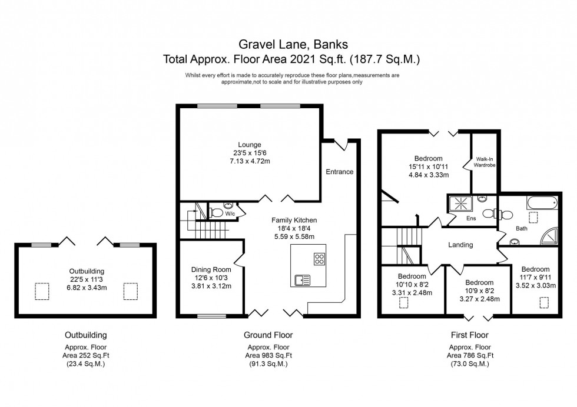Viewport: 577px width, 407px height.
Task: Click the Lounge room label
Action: click(x=249, y=145)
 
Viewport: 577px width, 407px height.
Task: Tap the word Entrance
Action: click(x=340, y=172)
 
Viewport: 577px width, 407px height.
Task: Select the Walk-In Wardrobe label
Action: click(x=485, y=162)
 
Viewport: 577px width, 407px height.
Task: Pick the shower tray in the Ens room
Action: click(x=461, y=205)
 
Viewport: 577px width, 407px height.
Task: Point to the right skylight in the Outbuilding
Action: click(x=131, y=291)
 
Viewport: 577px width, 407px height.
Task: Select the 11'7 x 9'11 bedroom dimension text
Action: click(x=535, y=278)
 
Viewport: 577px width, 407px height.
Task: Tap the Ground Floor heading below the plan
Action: click(x=268, y=335)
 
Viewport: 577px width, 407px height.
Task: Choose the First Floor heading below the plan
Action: click(x=469, y=335)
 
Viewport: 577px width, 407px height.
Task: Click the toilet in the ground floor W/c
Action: click(x=217, y=213)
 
